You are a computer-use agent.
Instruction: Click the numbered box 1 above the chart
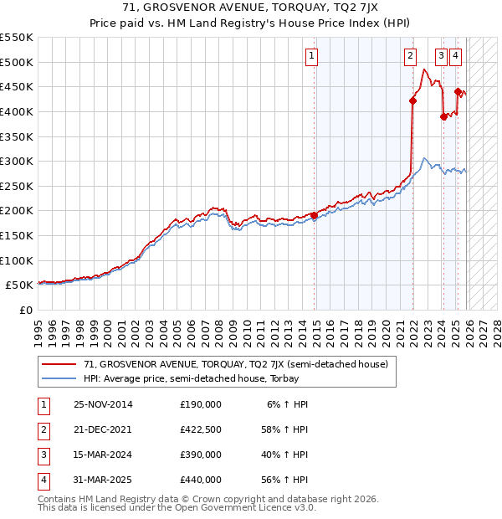coord(311,56)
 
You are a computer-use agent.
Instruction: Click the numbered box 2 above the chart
coord(411,56)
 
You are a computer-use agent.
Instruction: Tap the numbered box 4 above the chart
coord(455,56)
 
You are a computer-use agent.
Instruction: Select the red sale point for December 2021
coord(412,100)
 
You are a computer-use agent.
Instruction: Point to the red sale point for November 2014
coord(315,215)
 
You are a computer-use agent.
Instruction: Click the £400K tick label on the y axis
coord(18,111)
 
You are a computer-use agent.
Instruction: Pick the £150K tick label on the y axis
coord(18,235)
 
